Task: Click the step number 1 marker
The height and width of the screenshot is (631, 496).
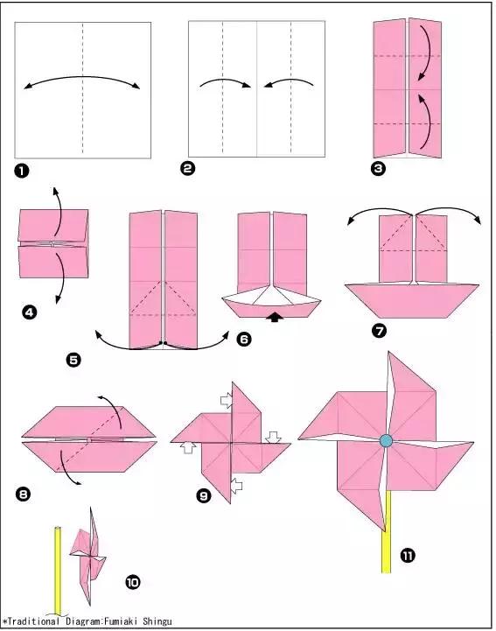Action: coord(22,172)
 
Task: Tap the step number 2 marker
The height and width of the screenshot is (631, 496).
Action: coord(187,168)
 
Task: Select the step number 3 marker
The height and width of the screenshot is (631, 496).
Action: coord(378,168)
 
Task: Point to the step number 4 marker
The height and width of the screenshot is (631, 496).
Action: coord(30,312)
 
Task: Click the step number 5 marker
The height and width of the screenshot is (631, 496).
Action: coord(73,360)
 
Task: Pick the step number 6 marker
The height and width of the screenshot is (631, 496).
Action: coord(244,340)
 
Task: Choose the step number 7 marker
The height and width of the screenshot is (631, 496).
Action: coord(379,331)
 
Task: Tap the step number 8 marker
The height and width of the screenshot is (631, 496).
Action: coord(23,494)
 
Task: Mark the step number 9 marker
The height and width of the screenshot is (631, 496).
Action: coord(204,495)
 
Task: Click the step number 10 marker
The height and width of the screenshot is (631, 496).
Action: coord(133,582)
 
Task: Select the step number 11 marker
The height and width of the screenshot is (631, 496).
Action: coord(408,556)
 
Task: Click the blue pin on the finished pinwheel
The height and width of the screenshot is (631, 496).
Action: coord(386,441)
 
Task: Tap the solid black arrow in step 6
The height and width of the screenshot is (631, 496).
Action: coord(275,317)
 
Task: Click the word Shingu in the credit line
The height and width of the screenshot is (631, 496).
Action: coord(157,621)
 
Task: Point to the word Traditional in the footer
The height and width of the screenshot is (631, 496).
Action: coord(33,621)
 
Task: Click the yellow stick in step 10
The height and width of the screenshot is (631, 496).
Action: coord(58,570)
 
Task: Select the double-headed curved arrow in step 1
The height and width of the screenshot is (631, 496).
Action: coord(82,76)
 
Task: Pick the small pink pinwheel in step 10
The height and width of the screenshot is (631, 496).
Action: coord(88,556)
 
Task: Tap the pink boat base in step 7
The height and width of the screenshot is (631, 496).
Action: coord(411,300)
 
